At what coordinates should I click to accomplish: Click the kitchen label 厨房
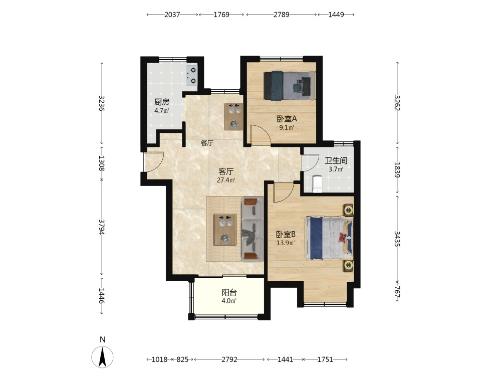161,102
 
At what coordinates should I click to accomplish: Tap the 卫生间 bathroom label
336,160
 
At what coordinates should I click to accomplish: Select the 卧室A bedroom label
287,119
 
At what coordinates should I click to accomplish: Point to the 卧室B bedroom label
286,234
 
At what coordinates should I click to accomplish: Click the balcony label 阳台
229,292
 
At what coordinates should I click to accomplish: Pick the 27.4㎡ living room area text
226,180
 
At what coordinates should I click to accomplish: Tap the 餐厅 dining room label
207,143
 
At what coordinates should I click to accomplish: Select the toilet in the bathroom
318,184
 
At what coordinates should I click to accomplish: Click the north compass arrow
102,357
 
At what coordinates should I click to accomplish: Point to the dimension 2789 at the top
281,15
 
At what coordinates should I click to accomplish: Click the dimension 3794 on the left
102,227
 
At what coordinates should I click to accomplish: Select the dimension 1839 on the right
397,170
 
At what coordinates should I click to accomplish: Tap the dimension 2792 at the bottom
229,359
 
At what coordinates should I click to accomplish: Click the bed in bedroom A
289,86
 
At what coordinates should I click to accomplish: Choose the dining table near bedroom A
233,116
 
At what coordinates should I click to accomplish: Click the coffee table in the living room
225,230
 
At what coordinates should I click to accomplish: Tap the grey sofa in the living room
253,229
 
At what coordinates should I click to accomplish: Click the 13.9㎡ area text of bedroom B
286,243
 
